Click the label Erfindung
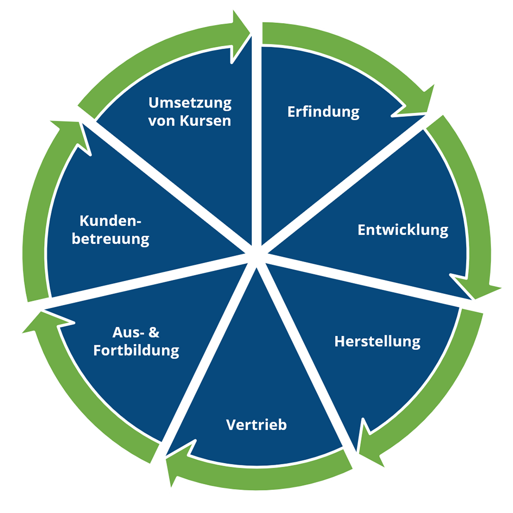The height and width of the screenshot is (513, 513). pyautogui.click(x=323, y=112)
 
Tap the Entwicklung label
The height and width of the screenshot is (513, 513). pyautogui.click(x=403, y=229)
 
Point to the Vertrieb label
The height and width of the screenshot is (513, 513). pyautogui.click(x=256, y=425)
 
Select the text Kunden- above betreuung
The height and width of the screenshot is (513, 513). pyautogui.click(x=110, y=221)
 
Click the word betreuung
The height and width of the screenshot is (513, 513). pyautogui.click(x=110, y=239)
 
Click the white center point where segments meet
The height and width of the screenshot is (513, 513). pyautogui.click(x=255, y=255)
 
